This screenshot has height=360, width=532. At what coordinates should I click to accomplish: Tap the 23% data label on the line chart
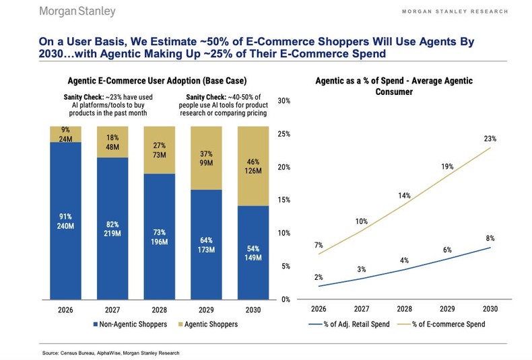[490, 139]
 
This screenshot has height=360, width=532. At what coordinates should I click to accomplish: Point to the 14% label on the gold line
[403, 195]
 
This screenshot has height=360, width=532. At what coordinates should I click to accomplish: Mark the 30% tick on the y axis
[284, 101]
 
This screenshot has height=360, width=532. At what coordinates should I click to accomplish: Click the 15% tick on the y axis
[284, 200]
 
